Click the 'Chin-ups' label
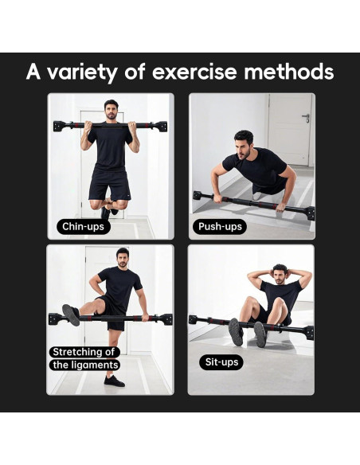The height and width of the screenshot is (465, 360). pos(83,226)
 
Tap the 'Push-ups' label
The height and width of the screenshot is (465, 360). pos(220,226)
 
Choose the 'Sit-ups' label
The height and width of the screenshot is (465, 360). pos(220,362)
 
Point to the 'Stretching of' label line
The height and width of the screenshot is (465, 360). pos(84,352)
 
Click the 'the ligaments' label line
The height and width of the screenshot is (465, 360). pos(85,365)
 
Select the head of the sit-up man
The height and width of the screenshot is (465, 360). pos(280,275)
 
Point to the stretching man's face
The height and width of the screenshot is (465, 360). pos(122,258)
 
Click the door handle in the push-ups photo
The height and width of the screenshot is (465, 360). pos(305,117)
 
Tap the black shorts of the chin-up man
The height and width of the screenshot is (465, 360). pos(110,183)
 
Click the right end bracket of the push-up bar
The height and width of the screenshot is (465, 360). pos(309,213)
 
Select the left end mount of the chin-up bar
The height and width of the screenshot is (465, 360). pos(58,126)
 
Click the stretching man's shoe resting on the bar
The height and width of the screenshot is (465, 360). pos(71,315)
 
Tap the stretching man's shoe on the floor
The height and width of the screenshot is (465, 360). pos(114,381)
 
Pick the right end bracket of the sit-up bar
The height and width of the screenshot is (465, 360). pos(308,331)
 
